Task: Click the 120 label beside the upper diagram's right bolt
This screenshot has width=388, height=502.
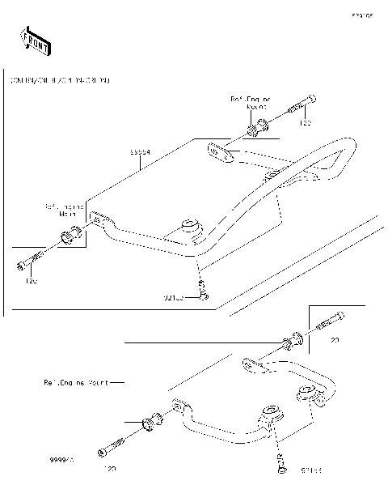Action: point(306,124)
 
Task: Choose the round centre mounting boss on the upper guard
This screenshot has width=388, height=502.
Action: point(192,227)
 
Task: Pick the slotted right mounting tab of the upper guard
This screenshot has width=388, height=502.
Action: point(218,151)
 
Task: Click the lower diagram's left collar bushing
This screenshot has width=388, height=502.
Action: point(149,421)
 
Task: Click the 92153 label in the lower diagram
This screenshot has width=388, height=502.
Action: point(311,469)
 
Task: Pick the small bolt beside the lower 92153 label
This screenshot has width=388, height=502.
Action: point(282,463)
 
